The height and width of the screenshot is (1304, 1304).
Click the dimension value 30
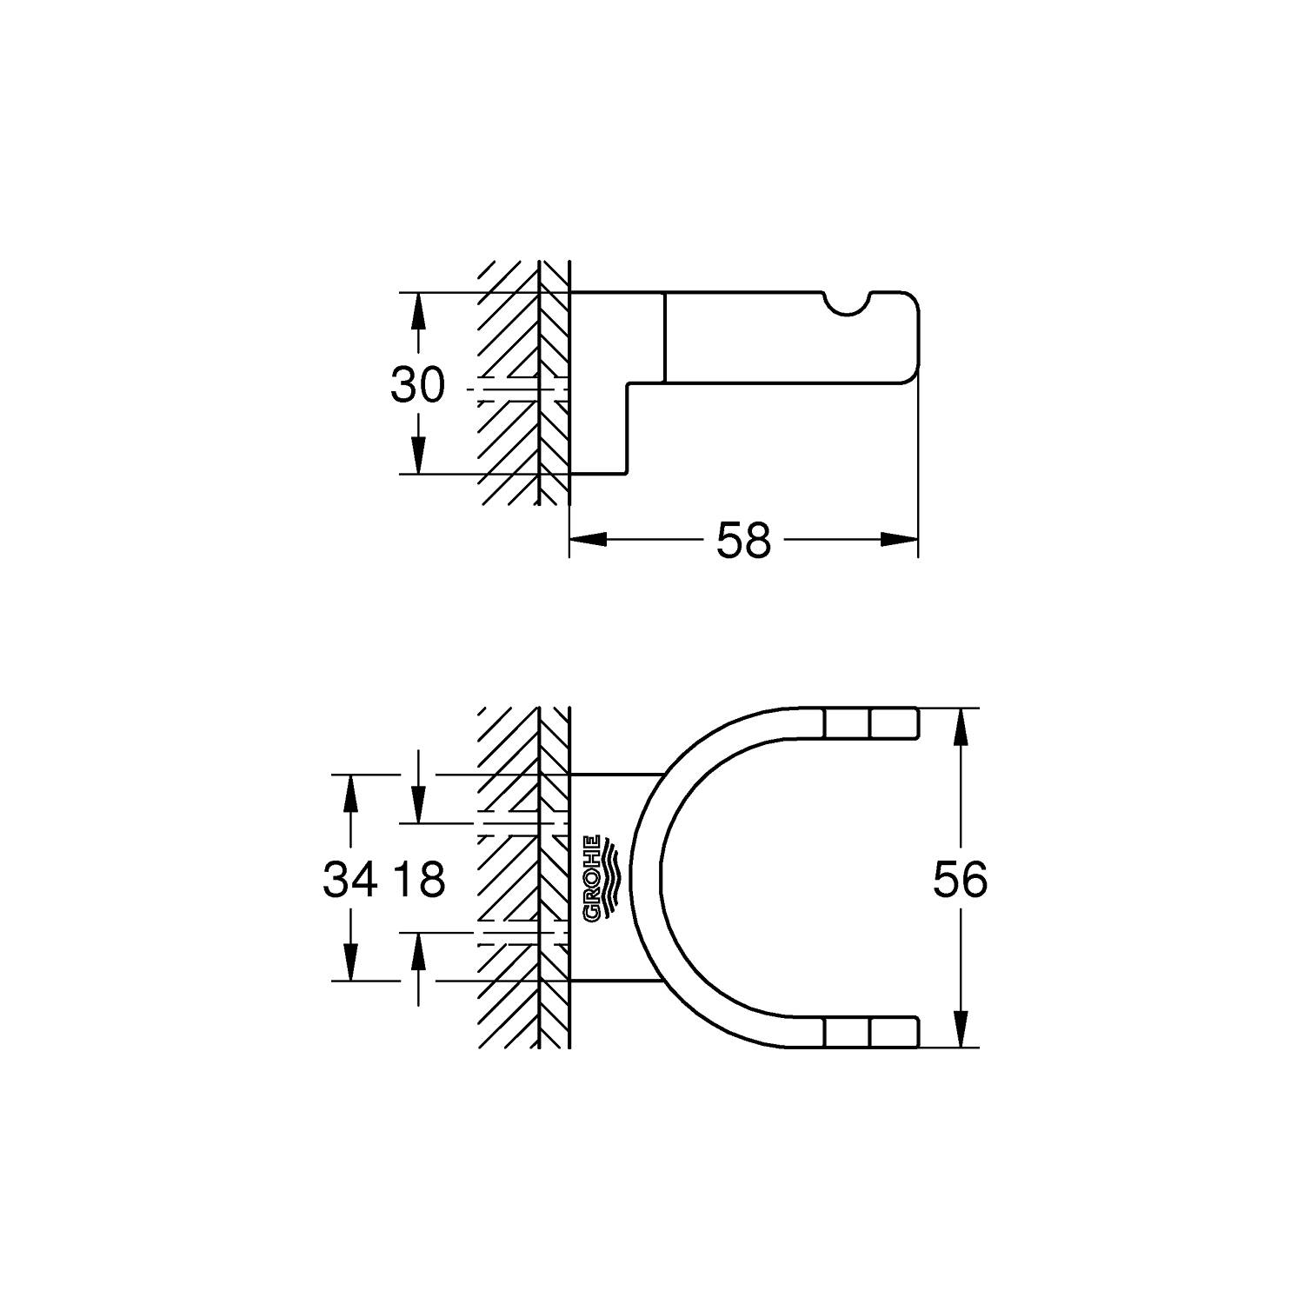tap(417, 385)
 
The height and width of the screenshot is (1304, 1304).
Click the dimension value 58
tap(743, 541)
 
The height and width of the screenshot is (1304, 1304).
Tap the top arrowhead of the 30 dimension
tap(418, 309)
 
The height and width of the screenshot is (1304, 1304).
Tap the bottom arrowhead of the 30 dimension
tap(418, 458)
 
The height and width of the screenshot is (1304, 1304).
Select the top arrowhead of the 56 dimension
tap(960, 726)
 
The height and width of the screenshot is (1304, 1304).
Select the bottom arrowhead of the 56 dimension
tap(960, 1030)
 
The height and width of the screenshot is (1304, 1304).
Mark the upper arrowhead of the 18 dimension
tap(419, 806)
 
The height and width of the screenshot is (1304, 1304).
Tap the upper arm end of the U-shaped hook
tap(904, 723)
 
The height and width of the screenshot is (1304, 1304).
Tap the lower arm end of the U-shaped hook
tap(904, 1032)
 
